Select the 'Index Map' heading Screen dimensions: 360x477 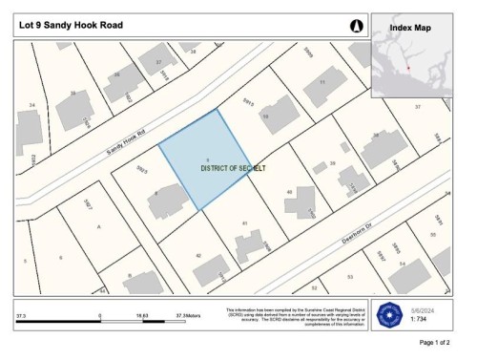coord(410,27)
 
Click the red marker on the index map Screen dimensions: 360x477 coord(409,67)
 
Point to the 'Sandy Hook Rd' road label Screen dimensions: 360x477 coord(125,147)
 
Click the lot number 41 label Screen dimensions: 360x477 coord(245,222)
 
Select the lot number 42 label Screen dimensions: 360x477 coord(198,256)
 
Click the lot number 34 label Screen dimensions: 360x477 coord(31,104)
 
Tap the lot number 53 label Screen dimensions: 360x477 coord(350,278)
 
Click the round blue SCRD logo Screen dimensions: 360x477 coord(388,314)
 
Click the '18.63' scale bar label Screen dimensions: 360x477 coord(142,312)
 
